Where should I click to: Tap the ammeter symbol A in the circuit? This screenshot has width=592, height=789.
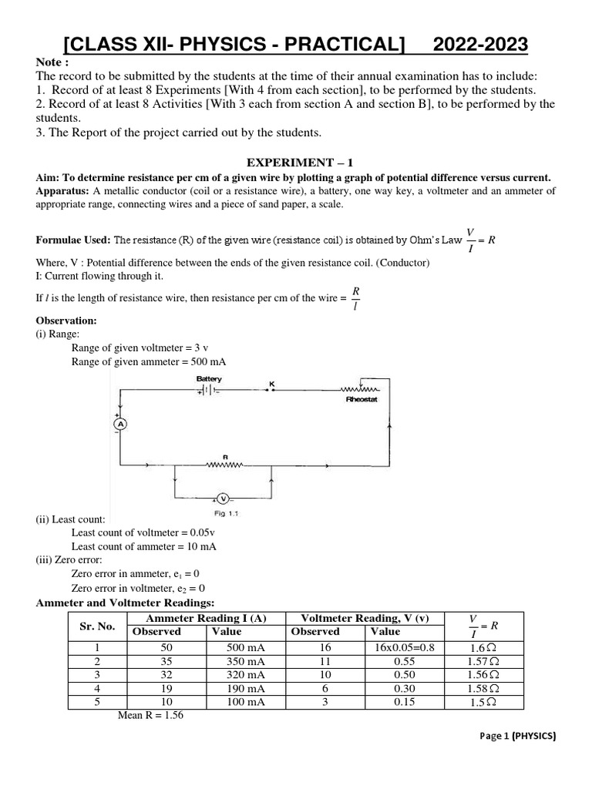click(119, 424)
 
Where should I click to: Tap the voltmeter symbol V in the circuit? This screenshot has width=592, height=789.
click(223, 499)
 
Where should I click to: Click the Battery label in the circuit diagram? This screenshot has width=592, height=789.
click(209, 379)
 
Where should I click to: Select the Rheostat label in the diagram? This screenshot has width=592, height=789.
click(361, 401)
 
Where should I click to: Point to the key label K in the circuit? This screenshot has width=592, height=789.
click(271, 383)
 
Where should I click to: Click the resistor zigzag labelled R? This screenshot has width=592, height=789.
click(225, 465)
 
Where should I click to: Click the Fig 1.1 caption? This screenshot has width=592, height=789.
click(223, 514)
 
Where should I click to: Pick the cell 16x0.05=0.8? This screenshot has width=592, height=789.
click(402, 647)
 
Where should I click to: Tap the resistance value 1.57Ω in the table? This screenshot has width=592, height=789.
click(483, 661)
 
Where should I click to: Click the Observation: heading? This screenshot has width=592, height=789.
click(66, 321)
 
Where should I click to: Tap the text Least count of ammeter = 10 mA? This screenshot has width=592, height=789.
click(143, 546)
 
